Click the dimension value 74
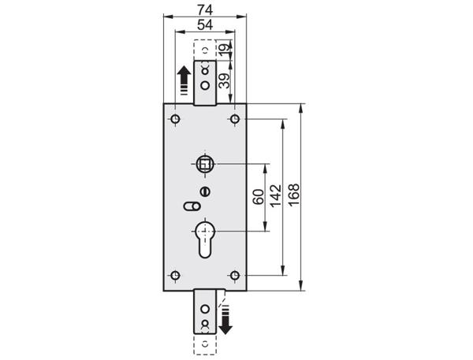pos(205,9)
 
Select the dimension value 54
pos(205,24)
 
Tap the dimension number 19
pos(224,50)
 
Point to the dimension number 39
pos(224,80)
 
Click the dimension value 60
pos(259,197)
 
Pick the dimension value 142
pos(276,196)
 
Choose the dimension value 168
pos(293,195)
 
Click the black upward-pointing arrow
pos(184,80)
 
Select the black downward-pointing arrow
pos(225,320)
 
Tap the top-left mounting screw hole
pos(175,119)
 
